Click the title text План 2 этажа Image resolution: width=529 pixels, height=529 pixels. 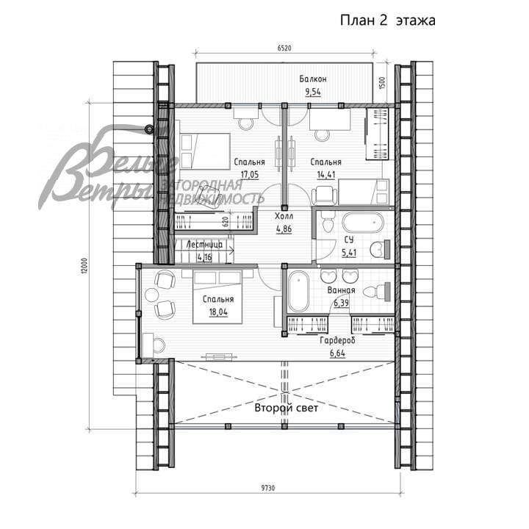point(386,21)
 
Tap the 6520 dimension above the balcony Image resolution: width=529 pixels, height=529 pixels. point(285,49)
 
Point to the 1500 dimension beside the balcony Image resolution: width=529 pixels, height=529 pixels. point(382,83)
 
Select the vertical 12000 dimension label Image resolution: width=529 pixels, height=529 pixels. point(85,264)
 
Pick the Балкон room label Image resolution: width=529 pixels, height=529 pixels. point(313,79)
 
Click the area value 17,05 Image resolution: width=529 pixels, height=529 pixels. point(249,175)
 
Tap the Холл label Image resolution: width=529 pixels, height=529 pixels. point(284,217)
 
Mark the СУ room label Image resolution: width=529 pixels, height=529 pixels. point(350,240)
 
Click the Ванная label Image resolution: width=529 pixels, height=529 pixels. point(341,290)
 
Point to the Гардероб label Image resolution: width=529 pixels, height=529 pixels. point(337,342)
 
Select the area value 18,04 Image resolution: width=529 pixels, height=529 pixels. point(218,312)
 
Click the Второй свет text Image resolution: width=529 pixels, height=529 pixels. point(287,409)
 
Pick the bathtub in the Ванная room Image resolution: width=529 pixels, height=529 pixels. point(299,292)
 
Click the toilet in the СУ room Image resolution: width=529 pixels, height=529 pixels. point(378,249)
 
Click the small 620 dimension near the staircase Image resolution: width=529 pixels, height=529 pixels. point(226,220)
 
